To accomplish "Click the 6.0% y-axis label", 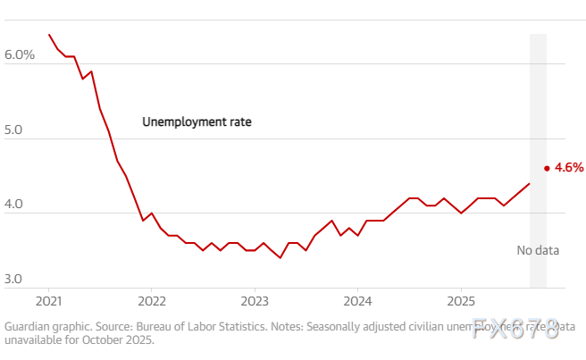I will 20,55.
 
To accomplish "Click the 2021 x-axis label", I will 48,297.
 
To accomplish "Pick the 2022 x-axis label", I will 152,297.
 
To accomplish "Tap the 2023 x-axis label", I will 255,297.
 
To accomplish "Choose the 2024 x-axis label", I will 357,297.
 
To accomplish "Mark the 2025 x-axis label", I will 460,297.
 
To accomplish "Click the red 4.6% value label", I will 569,167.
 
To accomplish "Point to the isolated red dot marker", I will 547,167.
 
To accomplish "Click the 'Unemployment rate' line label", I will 197,121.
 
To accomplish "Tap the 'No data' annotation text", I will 538,250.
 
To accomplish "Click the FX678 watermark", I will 516,327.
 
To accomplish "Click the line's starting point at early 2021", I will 49,35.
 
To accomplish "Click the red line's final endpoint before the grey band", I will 529,183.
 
